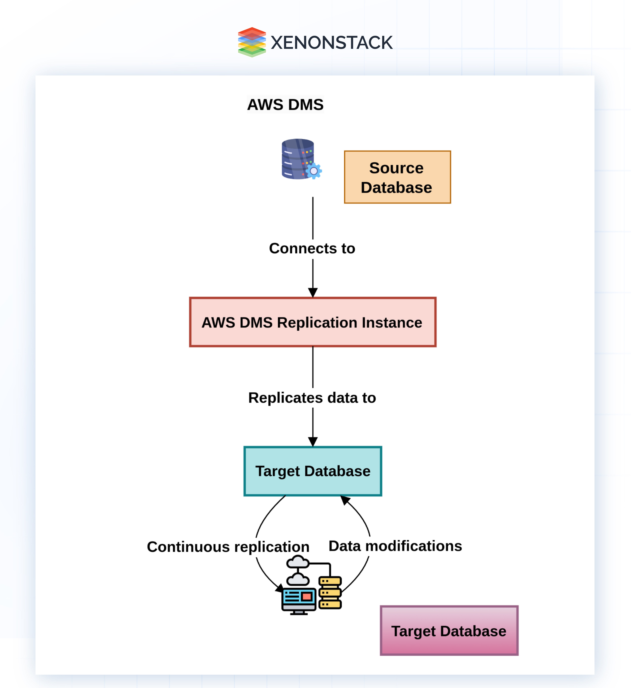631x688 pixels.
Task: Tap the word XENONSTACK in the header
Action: pyautogui.click(x=332, y=43)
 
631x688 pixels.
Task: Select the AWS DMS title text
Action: pyautogui.click(x=285, y=105)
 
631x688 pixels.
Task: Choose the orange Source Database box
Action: pyautogui.click(x=397, y=177)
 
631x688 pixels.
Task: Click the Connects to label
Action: pyautogui.click(x=312, y=248)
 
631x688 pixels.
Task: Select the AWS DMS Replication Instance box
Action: pyautogui.click(x=313, y=322)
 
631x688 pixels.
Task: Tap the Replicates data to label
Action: pyautogui.click(x=312, y=398)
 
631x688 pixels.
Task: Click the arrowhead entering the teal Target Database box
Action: pyautogui.click(x=313, y=442)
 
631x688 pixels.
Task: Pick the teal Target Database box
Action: pyautogui.click(x=313, y=471)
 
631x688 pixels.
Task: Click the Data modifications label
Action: pyautogui.click(x=395, y=546)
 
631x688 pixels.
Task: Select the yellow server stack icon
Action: pyautogui.click(x=330, y=593)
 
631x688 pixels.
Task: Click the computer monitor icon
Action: pyautogui.click(x=299, y=600)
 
